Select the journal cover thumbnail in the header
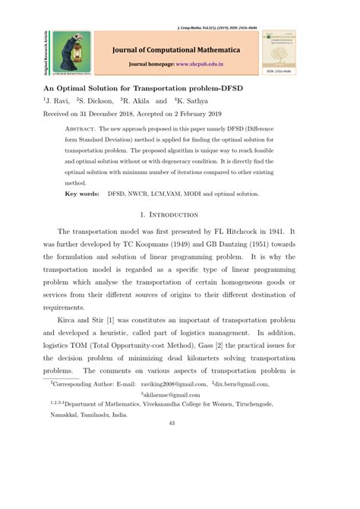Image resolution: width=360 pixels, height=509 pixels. tap(281, 52)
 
